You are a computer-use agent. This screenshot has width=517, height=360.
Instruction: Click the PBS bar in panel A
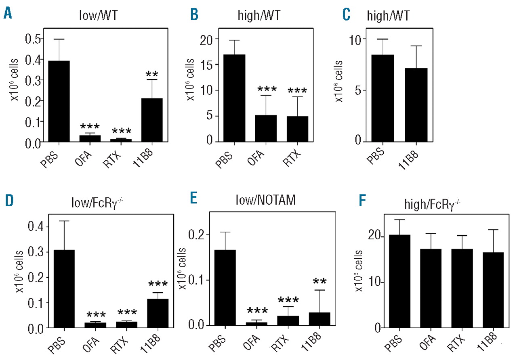coord(59,101)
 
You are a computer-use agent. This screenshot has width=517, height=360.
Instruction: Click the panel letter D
coord(8,201)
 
